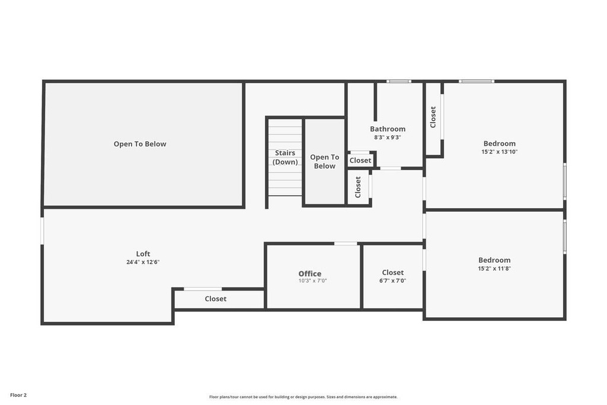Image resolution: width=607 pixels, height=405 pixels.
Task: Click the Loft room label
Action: (143, 254)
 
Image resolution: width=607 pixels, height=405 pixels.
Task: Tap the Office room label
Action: (309, 274)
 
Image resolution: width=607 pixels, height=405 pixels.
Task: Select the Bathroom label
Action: (388, 129)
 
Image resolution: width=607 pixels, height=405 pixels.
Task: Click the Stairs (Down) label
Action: (285, 157)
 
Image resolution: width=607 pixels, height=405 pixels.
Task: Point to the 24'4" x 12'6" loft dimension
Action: (143, 262)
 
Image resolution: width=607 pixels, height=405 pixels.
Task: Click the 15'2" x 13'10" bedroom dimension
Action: (499, 152)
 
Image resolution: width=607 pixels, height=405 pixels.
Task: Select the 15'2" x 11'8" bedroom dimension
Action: (494, 269)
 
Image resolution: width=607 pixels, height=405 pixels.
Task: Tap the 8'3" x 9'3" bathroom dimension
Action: (388, 138)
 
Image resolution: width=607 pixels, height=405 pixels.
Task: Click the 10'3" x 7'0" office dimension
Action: (312, 280)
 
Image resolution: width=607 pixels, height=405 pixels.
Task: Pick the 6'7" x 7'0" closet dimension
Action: (392, 280)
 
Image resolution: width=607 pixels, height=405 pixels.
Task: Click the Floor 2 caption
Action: (18, 395)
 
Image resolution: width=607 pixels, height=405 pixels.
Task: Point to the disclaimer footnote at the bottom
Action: (303, 397)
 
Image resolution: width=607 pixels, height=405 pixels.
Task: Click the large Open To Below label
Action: (140, 144)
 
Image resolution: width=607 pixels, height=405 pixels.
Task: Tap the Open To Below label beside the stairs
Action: (324, 161)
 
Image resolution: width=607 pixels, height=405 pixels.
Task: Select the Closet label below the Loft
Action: (216, 298)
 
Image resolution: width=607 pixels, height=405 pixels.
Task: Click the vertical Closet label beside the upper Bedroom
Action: (433, 117)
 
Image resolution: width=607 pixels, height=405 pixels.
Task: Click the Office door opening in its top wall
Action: (346, 244)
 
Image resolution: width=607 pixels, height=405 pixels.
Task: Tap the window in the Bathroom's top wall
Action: (399, 81)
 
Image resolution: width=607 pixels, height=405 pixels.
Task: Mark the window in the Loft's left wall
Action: (42, 231)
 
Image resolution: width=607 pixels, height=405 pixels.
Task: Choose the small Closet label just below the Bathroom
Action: (360, 160)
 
